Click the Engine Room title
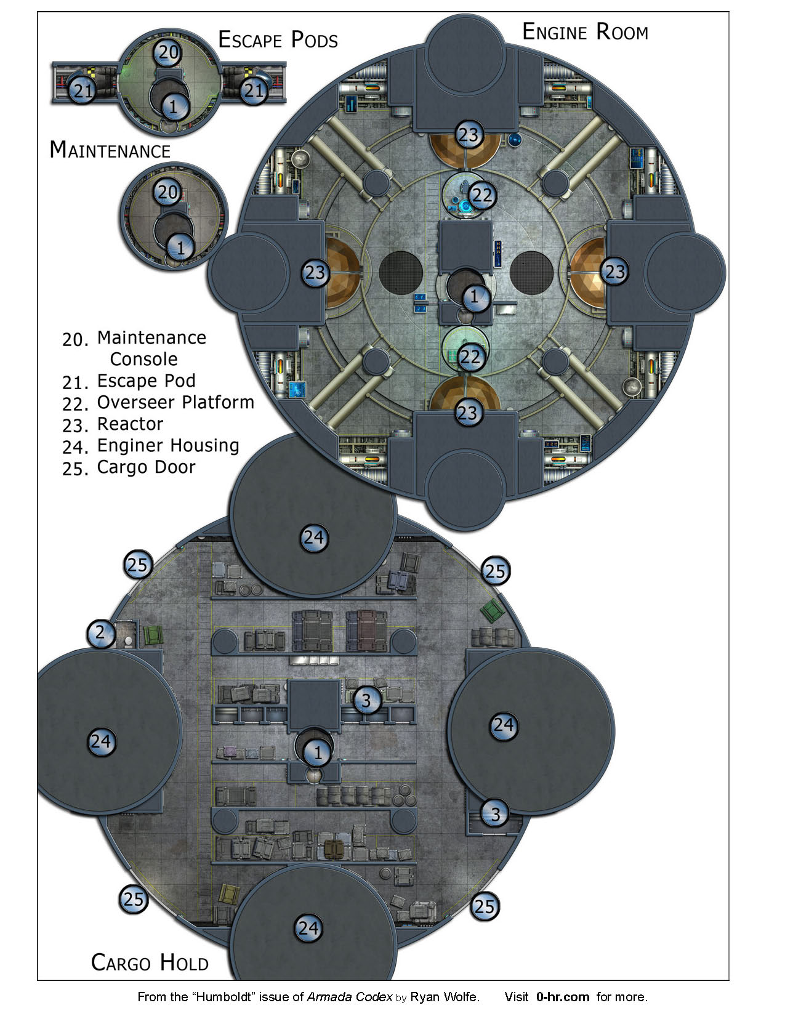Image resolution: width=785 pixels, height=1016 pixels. coord(585,32)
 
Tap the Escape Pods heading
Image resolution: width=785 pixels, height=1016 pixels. coord(278,40)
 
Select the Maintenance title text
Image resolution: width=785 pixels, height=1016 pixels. coord(110,150)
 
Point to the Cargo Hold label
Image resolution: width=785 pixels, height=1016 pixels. coord(150,962)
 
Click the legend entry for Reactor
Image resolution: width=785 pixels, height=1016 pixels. coord(113,424)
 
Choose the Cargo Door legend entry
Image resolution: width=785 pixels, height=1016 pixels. coord(129,467)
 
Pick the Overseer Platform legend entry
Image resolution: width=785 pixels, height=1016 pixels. coord(158,403)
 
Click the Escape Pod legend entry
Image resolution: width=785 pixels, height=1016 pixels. coord(129,381)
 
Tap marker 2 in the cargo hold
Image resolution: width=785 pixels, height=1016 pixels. coord(100,633)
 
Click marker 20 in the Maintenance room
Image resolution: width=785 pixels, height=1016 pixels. coord(167,192)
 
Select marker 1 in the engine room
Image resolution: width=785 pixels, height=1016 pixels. coord(475,296)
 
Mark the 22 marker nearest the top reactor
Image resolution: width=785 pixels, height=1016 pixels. coord(482,195)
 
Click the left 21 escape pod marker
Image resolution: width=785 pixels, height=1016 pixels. coord(83,91)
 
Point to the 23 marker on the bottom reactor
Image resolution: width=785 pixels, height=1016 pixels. coord(467,413)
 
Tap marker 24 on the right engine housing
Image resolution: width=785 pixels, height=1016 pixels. coord(504,725)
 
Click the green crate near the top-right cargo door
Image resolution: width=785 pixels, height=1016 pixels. coord(493,610)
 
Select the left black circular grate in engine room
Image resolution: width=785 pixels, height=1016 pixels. coord(401,273)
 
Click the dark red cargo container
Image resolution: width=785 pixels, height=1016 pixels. coord(368,631)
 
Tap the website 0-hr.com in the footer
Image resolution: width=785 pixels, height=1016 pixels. coord(563,997)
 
